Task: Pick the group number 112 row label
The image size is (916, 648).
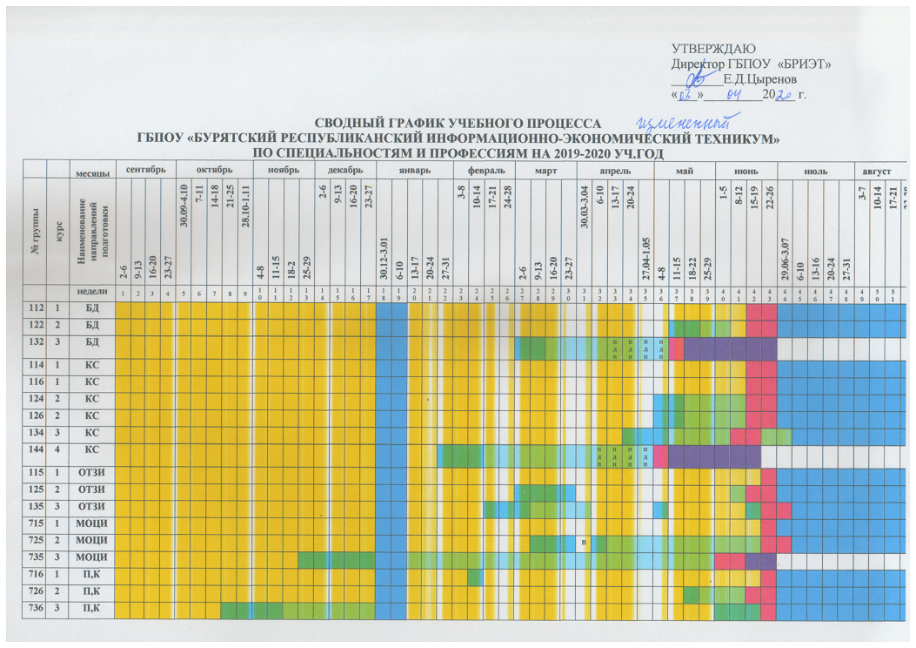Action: click(35, 310)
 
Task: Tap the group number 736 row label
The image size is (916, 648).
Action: click(35, 610)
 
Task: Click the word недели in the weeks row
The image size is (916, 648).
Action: click(91, 294)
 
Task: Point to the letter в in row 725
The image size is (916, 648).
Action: click(585, 543)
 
